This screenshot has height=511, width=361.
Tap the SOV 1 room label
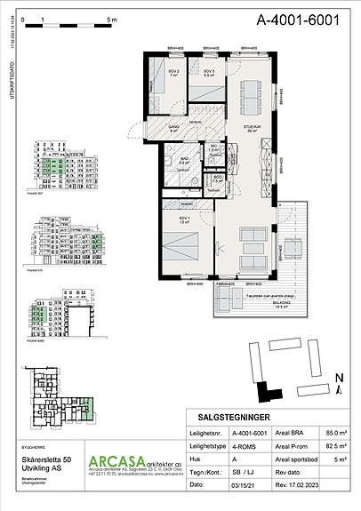[x=184, y=218]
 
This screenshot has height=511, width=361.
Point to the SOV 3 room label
[x=209, y=72]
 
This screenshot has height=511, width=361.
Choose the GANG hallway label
[x=175, y=128]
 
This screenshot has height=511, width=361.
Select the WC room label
[x=214, y=148]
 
